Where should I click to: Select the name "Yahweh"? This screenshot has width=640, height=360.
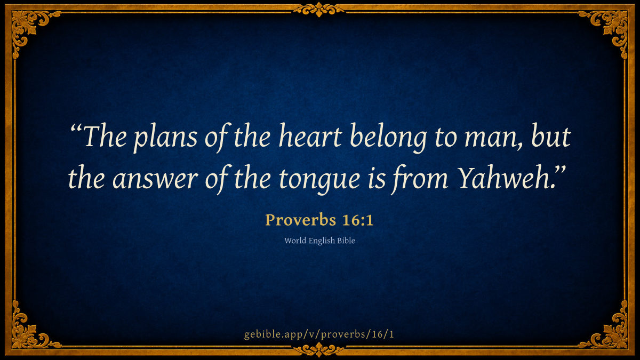(x=503, y=177)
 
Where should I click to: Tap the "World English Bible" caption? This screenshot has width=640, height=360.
(x=319, y=241)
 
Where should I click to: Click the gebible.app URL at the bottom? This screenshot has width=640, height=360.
(x=319, y=334)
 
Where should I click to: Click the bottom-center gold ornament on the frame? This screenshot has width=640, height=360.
(x=319, y=350)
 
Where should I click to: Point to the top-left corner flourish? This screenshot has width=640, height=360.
(x=29, y=29)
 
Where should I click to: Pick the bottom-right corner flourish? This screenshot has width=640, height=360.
(x=611, y=331)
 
